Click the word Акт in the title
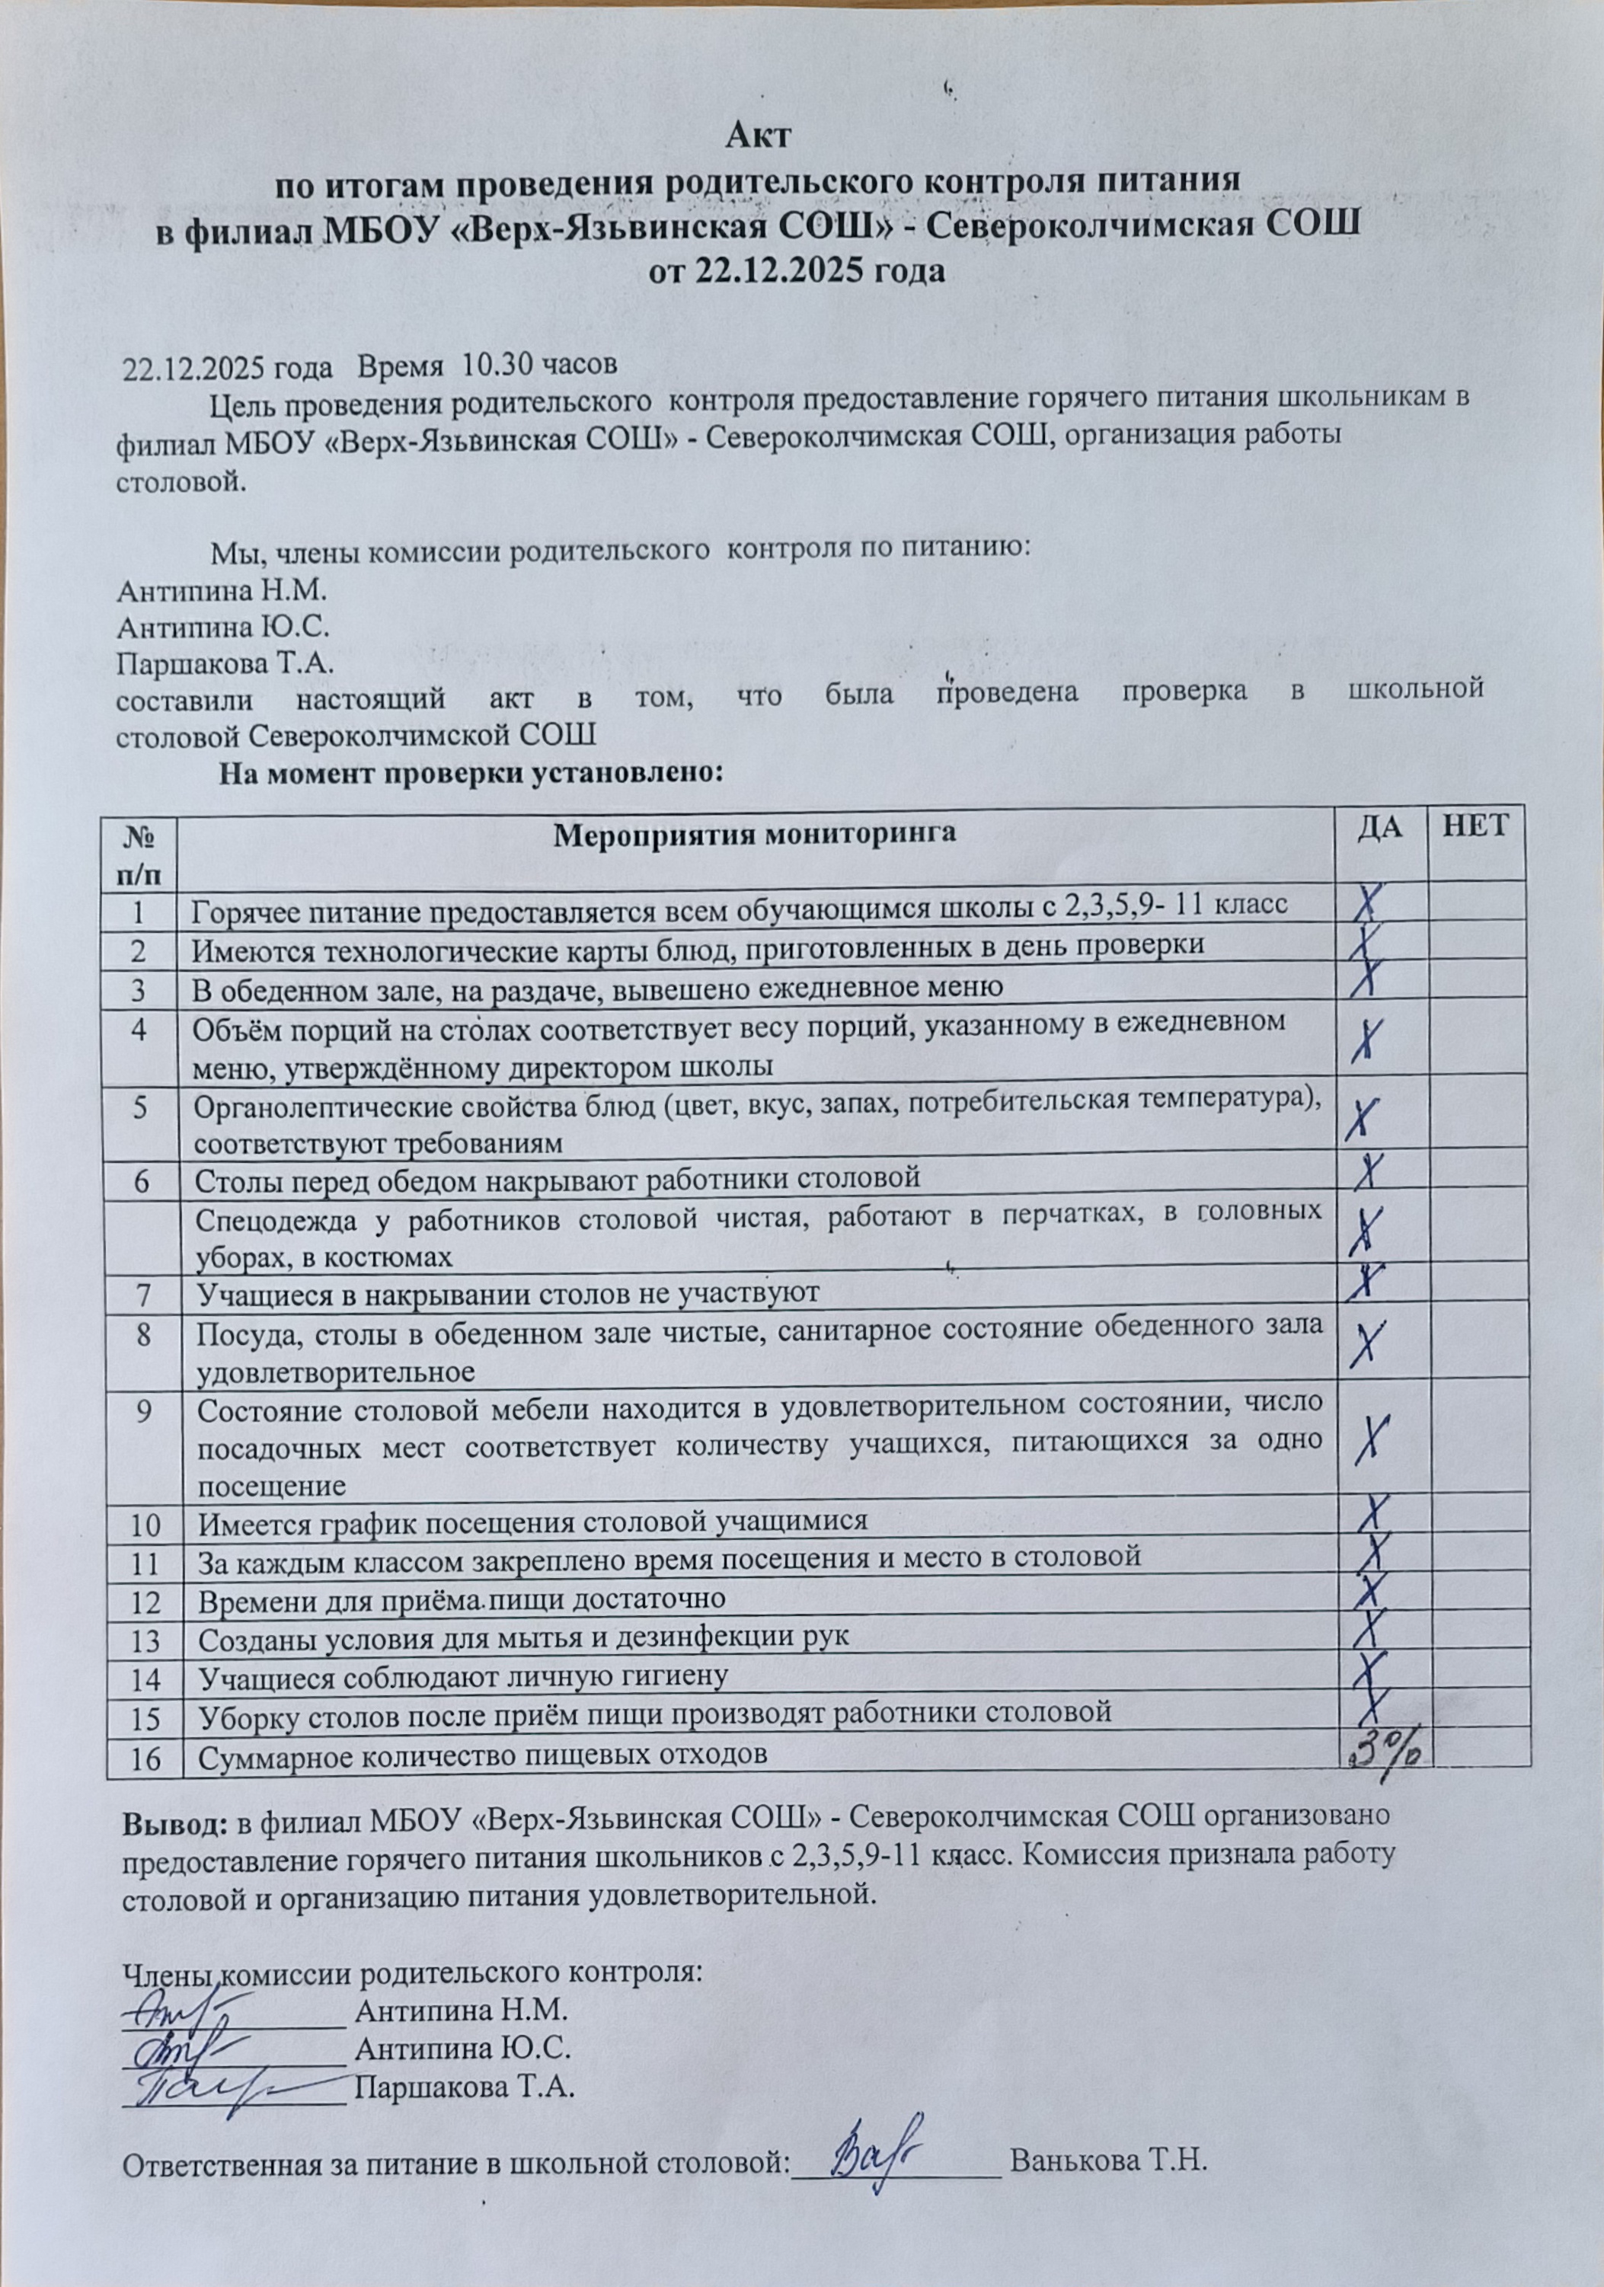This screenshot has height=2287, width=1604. coord(758,136)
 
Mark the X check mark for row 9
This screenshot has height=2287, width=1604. coord(1378,1436)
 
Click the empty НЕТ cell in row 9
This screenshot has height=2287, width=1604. coord(1478,1436)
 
